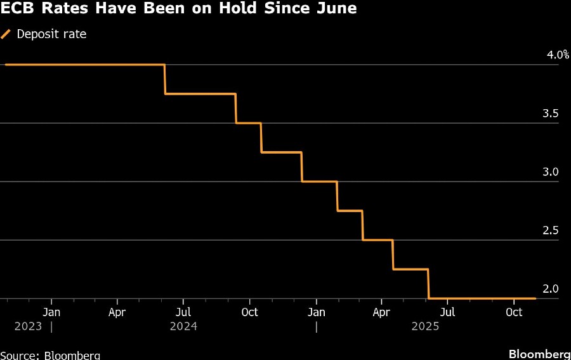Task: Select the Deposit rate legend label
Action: [x=51, y=34]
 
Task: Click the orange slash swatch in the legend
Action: [x=6, y=34]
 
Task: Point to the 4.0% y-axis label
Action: [x=558, y=55]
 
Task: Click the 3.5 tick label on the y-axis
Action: [x=551, y=114]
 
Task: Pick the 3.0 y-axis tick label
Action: [x=551, y=172]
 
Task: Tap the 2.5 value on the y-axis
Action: [x=551, y=230]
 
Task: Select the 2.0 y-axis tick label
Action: [x=551, y=289]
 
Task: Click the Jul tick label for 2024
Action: [x=183, y=312]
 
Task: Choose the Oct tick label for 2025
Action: [x=514, y=312]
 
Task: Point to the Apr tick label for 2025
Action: [x=381, y=312]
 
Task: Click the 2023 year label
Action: [x=28, y=326]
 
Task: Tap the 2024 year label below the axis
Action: [x=183, y=326]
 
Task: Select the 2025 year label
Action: [x=425, y=326]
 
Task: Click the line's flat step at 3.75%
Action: [x=200, y=94]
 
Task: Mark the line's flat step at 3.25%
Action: [x=281, y=152]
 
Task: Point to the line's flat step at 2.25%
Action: [x=410, y=269]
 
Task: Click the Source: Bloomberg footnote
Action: [x=50, y=355]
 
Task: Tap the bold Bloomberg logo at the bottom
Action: [x=539, y=354]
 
